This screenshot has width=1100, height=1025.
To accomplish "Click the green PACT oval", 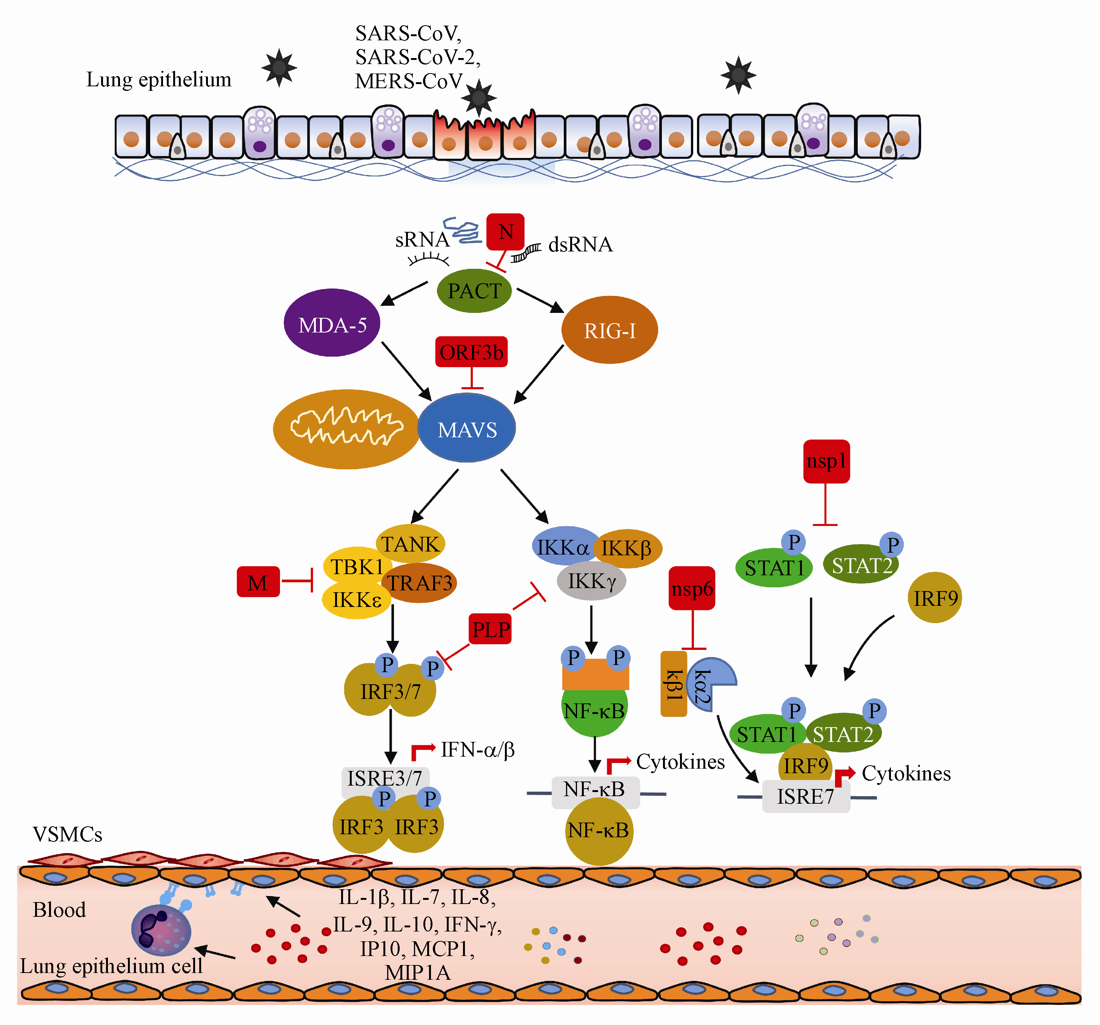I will pos(474,291).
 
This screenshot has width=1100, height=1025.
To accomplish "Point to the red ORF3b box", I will pos(471,352).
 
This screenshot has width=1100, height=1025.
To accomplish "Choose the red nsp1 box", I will pos(826,461).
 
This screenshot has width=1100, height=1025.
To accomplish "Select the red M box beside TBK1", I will pos(258,582).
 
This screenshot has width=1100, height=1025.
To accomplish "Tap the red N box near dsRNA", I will pos(505,231).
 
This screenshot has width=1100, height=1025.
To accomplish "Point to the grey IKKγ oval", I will pos(591,581).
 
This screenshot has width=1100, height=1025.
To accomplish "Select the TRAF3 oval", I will pos(419,583).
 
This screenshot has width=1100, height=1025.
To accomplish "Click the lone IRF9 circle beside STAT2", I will pos(935,598).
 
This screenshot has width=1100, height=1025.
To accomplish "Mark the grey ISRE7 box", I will pos(806,796).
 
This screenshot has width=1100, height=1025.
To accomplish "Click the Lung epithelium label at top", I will pos(159,80).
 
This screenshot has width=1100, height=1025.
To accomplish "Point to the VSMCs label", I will pos(68,834).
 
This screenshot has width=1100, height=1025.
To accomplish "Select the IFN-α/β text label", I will pos(477,750).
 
